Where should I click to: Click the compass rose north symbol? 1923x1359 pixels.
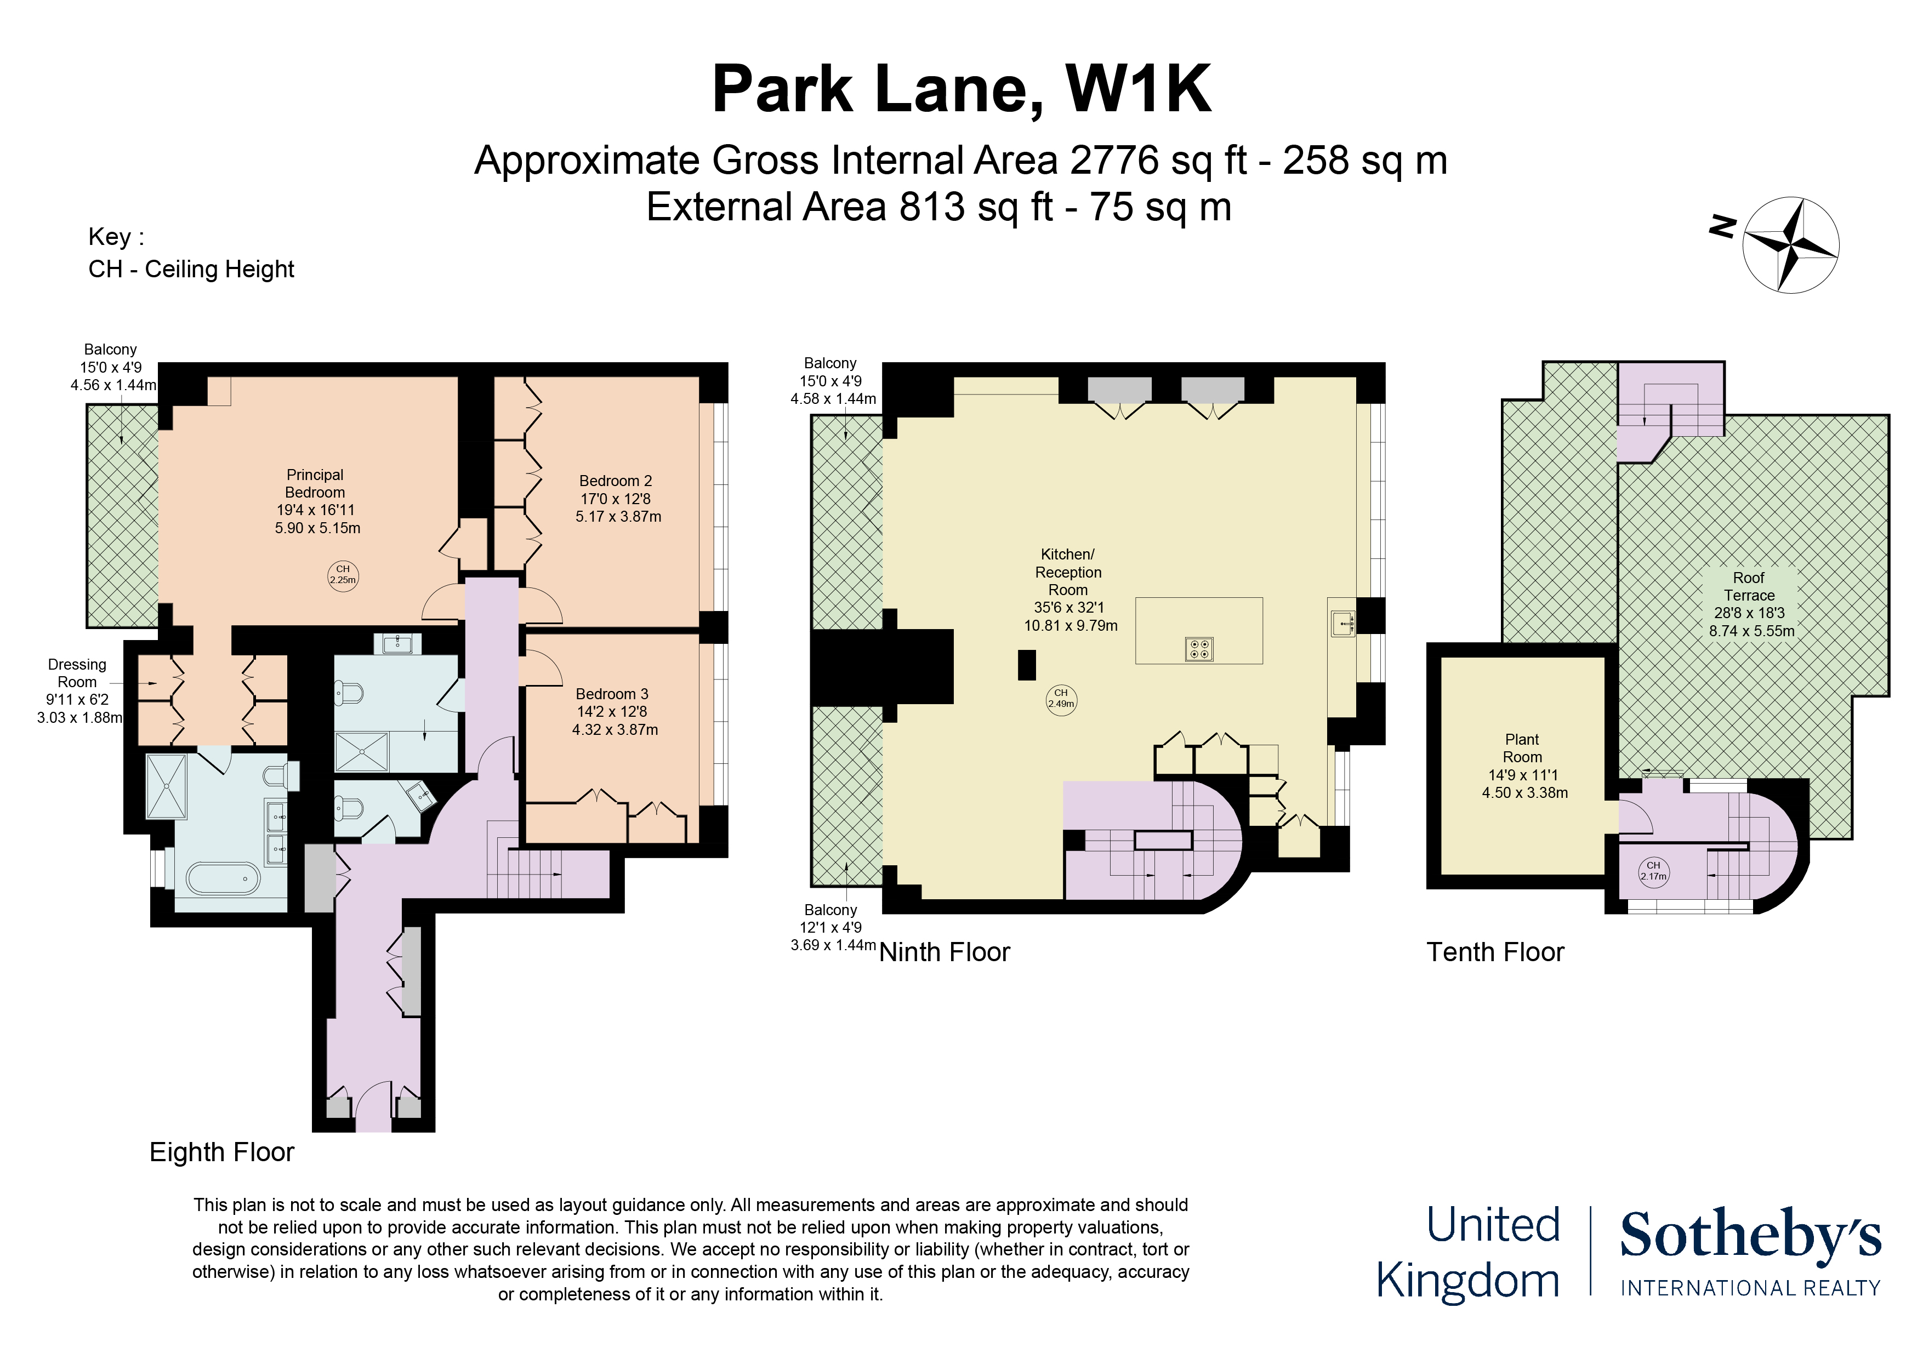click(x=1791, y=244)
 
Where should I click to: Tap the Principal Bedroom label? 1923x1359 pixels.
click(x=315, y=484)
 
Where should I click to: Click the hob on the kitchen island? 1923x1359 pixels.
click(x=1198, y=649)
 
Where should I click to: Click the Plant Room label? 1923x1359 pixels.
click(x=1522, y=748)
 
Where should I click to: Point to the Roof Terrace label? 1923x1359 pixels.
click(x=1749, y=586)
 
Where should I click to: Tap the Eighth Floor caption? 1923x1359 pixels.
click(x=222, y=1152)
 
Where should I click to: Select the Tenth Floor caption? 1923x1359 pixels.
click(x=1495, y=952)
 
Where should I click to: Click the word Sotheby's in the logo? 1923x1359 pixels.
click(x=1750, y=1234)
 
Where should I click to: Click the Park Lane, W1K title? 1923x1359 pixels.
click(x=960, y=89)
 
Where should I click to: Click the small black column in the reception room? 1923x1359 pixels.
click(x=1027, y=665)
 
